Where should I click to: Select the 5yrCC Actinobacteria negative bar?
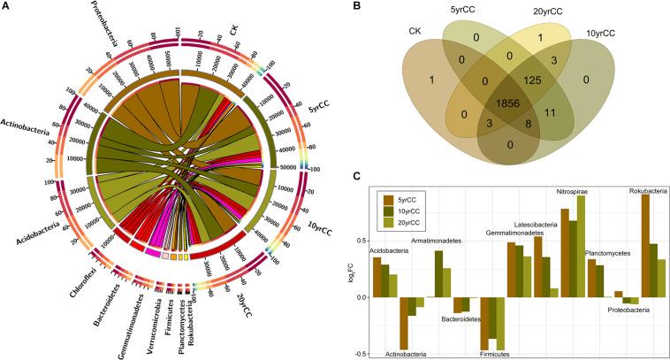(403, 324)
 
